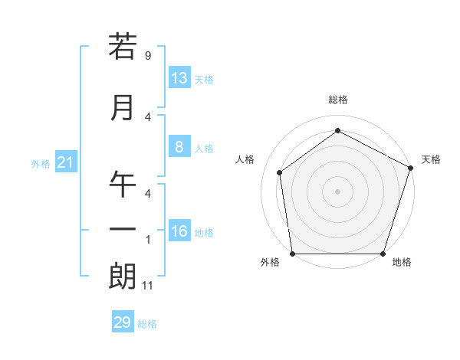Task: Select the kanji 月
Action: point(123,108)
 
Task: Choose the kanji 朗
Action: point(123,277)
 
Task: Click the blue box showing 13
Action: point(179,78)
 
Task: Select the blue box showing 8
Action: point(179,148)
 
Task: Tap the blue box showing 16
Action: point(179,231)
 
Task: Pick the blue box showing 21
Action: point(65,162)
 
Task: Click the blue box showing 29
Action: point(123,322)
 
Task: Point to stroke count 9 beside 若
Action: point(147,56)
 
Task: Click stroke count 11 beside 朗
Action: point(148,286)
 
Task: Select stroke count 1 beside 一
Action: point(147,240)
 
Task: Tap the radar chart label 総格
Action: point(338,100)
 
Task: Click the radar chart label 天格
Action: point(431,159)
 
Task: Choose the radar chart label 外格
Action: point(270,262)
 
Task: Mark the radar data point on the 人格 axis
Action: point(280,172)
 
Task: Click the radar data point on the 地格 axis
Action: point(383,254)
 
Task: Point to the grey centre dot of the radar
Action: point(337,191)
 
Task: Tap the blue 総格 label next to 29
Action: point(147,324)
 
